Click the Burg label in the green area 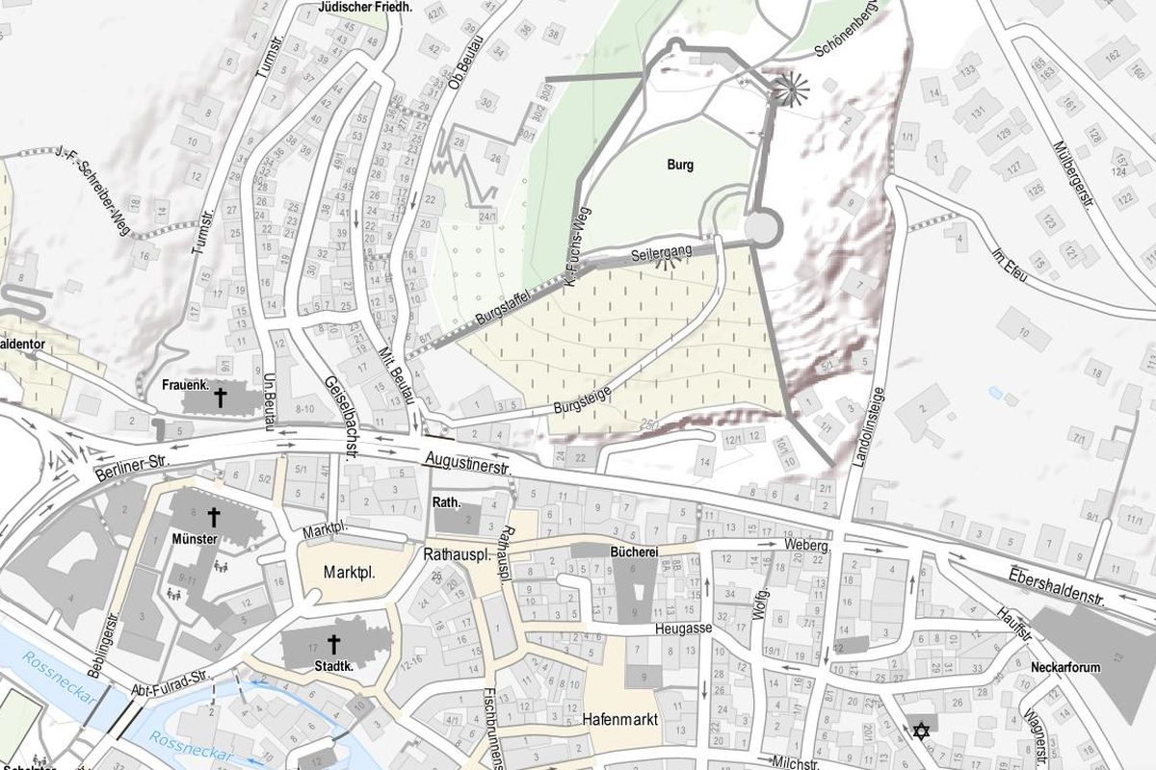680,165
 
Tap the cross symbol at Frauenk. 220,398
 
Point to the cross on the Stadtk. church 334,644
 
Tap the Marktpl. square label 349,571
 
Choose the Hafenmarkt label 620,719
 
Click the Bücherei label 634,552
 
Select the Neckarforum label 1064,667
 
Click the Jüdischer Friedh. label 364,7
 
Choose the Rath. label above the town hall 447,501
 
